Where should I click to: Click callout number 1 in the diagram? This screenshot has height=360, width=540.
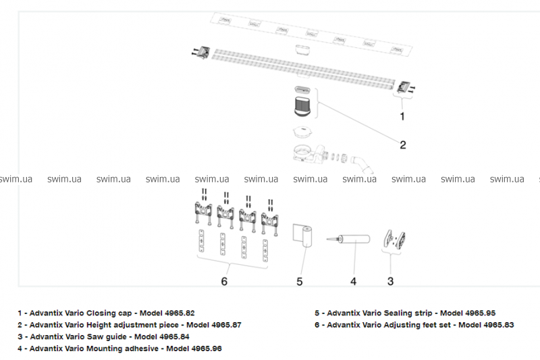coord(402,116)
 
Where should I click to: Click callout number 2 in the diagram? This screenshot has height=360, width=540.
coord(402,144)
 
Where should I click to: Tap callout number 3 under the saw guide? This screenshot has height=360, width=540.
coord(390,280)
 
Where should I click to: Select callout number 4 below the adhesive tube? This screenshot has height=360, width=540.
coord(352,280)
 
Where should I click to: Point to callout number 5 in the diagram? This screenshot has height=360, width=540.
coord(300,280)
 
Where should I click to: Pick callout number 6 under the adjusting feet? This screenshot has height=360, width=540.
coord(225,280)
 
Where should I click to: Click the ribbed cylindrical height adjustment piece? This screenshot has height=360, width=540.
coord(302,107)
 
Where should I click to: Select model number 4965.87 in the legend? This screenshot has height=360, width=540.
coord(223,325)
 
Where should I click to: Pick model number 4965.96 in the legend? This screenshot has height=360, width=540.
coord(203,349)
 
